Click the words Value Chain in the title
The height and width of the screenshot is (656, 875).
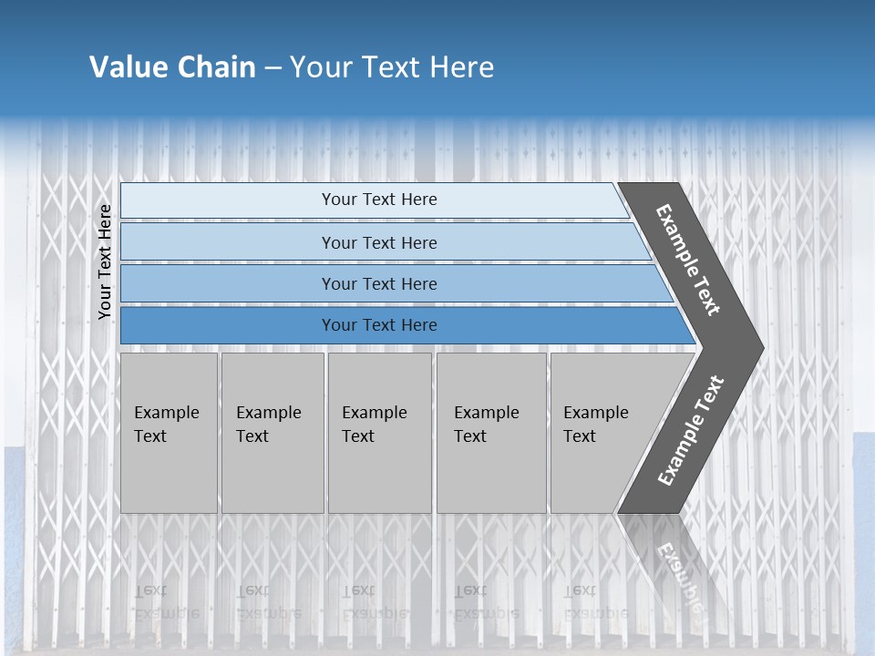172,67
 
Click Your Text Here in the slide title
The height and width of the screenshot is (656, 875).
392,67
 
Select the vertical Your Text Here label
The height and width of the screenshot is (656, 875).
105,261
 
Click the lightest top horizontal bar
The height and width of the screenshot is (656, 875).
378,200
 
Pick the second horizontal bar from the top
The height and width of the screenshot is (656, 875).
378,242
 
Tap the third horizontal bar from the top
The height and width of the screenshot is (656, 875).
378,283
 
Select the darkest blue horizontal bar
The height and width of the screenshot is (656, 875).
378,325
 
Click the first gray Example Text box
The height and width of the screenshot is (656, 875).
169,433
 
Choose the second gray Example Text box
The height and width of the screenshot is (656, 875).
272,433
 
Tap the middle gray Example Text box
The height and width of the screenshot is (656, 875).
379,433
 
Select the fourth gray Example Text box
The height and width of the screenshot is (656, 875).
490,433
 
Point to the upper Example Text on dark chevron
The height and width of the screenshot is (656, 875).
688,260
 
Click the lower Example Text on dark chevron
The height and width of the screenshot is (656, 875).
691,431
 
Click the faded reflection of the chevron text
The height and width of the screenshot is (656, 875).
679,574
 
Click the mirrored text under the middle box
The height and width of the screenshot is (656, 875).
375,602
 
